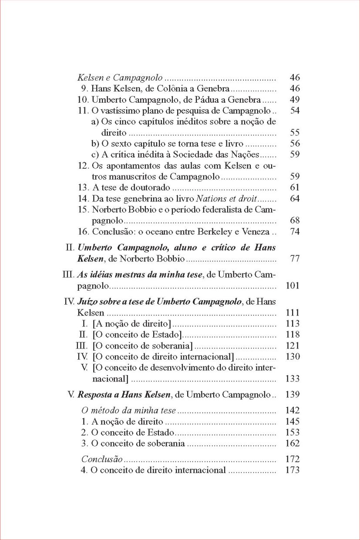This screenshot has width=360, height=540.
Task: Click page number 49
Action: [x=295, y=100]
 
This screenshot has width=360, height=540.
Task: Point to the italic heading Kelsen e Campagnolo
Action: [x=120, y=78]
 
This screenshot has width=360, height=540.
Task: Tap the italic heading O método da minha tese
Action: [x=129, y=410]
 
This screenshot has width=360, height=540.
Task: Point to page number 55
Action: [x=295, y=133]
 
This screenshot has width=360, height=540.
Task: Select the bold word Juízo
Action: [x=87, y=301]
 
